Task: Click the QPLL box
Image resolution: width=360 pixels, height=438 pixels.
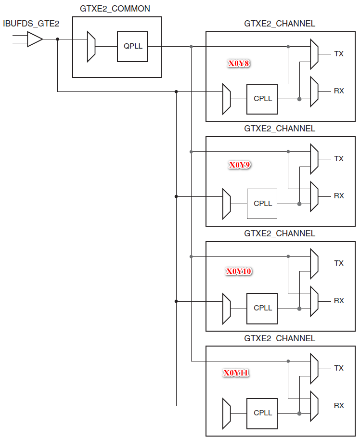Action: click(x=132, y=47)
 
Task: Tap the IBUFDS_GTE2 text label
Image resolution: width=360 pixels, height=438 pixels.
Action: click(x=31, y=23)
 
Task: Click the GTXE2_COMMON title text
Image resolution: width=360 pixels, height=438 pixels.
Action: click(x=115, y=9)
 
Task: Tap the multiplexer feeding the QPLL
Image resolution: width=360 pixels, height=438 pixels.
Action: click(x=91, y=47)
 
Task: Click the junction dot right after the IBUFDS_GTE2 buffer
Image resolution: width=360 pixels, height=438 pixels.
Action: click(x=57, y=39)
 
